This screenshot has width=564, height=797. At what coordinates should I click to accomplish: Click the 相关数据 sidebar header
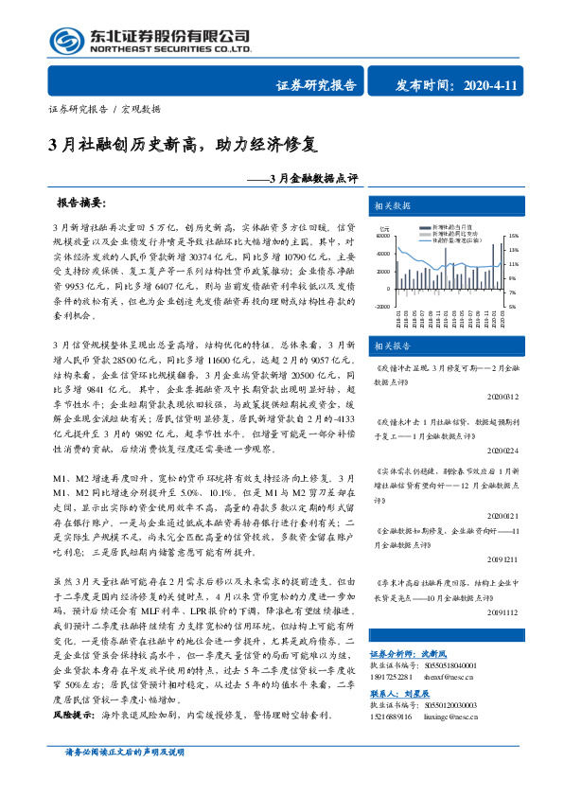click(392, 205)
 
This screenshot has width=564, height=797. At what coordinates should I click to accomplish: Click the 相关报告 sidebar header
click(392, 345)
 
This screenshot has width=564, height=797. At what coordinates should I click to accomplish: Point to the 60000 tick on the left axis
click(384, 237)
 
